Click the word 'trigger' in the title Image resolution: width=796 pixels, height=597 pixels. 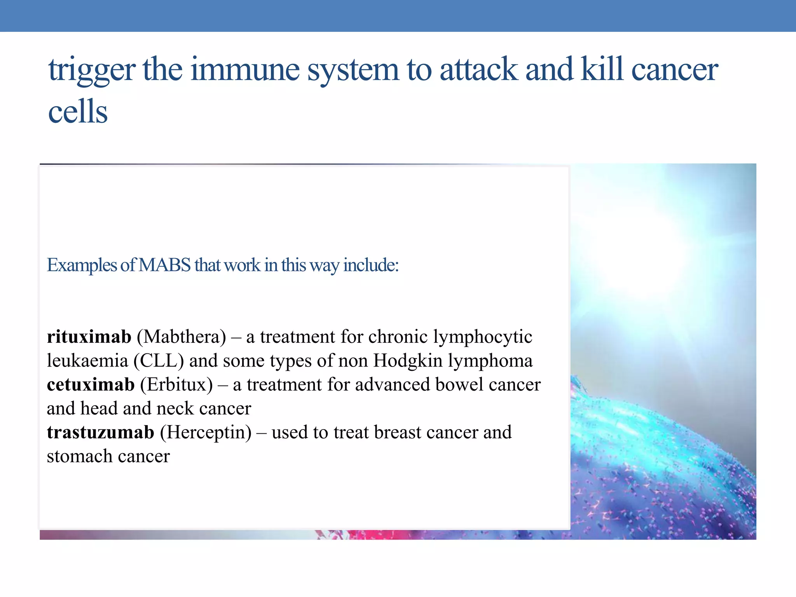tap(91, 70)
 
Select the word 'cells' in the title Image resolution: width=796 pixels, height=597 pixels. tap(78, 112)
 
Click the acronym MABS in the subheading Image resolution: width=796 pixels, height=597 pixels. tap(164, 265)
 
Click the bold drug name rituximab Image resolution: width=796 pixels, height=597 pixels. tap(89, 337)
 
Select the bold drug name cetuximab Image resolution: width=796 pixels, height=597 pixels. tap(91, 384)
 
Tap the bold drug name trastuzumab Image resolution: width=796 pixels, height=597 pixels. tap(100, 432)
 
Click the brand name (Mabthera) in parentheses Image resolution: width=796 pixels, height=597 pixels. tap(181, 337)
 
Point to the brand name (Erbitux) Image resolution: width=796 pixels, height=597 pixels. tap(176, 384)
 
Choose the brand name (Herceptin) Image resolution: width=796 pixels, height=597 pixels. tap(206, 432)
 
